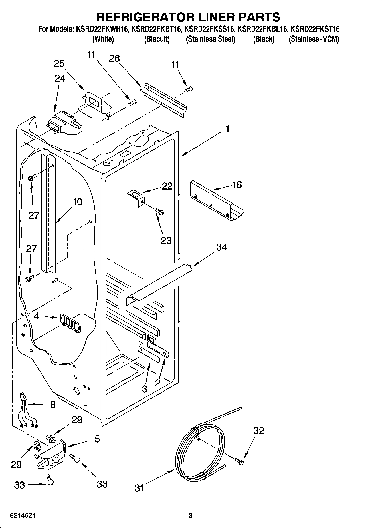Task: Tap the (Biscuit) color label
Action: [157, 39]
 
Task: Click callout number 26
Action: [114, 59]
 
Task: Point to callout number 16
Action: [237, 185]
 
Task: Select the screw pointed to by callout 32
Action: [239, 461]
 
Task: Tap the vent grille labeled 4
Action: [70, 323]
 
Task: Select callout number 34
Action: [221, 247]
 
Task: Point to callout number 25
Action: [59, 64]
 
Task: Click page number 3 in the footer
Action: [191, 516]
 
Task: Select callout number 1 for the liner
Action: [227, 129]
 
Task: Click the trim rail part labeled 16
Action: [217, 203]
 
